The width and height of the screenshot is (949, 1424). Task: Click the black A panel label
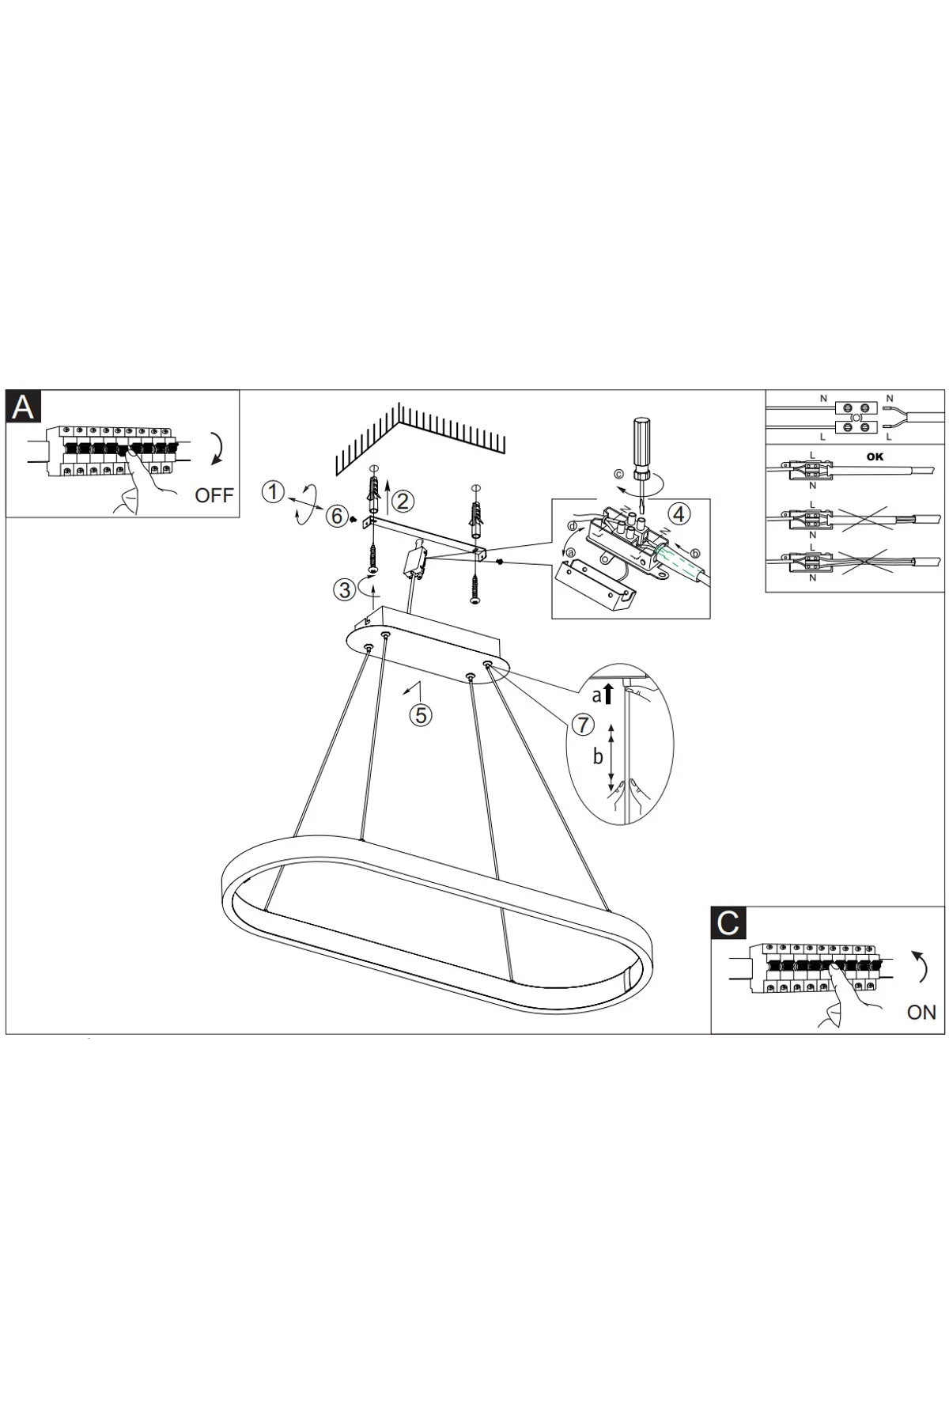(x=24, y=407)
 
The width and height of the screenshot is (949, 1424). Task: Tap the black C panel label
(x=728, y=922)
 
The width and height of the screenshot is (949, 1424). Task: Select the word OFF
(x=214, y=496)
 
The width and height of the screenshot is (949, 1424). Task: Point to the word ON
(x=921, y=1013)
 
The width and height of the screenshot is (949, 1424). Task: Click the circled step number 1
(x=273, y=492)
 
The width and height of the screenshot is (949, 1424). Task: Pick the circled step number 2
(x=404, y=501)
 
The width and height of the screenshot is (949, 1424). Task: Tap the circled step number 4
(x=679, y=514)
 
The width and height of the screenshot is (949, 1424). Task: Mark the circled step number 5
(x=421, y=715)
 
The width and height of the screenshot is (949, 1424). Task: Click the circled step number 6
(x=337, y=517)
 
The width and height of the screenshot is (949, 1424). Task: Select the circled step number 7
(x=583, y=724)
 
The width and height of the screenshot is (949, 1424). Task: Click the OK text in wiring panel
(x=875, y=456)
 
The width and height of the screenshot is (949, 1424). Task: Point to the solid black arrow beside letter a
(x=608, y=694)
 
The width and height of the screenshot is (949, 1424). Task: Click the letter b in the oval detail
(x=598, y=757)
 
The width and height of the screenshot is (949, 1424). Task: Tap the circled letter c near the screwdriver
(x=618, y=475)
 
